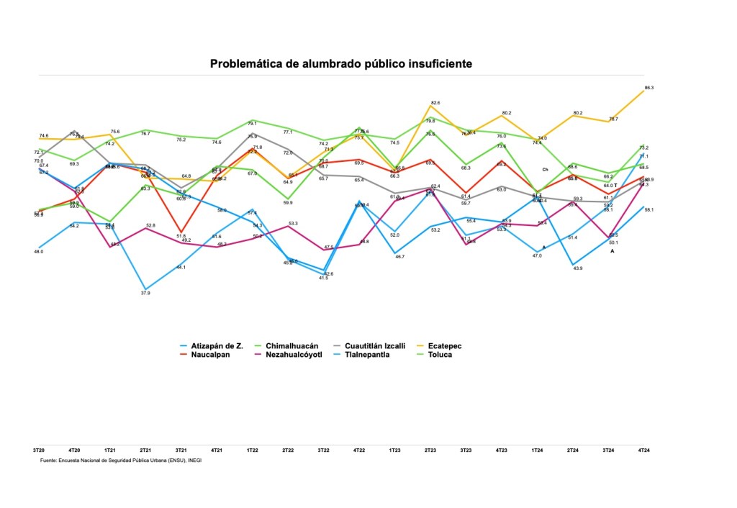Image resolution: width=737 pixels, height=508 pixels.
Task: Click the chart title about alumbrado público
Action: click(x=341, y=64)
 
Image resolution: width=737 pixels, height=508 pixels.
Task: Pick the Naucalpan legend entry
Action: click(x=214, y=355)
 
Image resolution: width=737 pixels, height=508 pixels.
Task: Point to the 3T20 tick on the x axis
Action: click(x=39, y=450)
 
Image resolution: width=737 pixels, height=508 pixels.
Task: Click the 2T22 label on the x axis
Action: click(x=288, y=450)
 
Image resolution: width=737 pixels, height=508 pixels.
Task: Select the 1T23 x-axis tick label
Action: click(x=394, y=450)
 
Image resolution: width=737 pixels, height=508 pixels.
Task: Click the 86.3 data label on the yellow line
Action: click(x=648, y=88)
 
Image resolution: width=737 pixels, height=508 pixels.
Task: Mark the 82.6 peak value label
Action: click(x=435, y=103)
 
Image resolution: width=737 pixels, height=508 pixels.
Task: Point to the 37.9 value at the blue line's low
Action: click(x=145, y=293)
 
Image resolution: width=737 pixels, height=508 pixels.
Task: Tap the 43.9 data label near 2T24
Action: click(x=577, y=268)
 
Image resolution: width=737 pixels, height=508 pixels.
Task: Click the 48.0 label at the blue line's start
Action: click(x=39, y=252)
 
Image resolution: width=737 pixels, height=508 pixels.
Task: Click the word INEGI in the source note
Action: click(x=194, y=460)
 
